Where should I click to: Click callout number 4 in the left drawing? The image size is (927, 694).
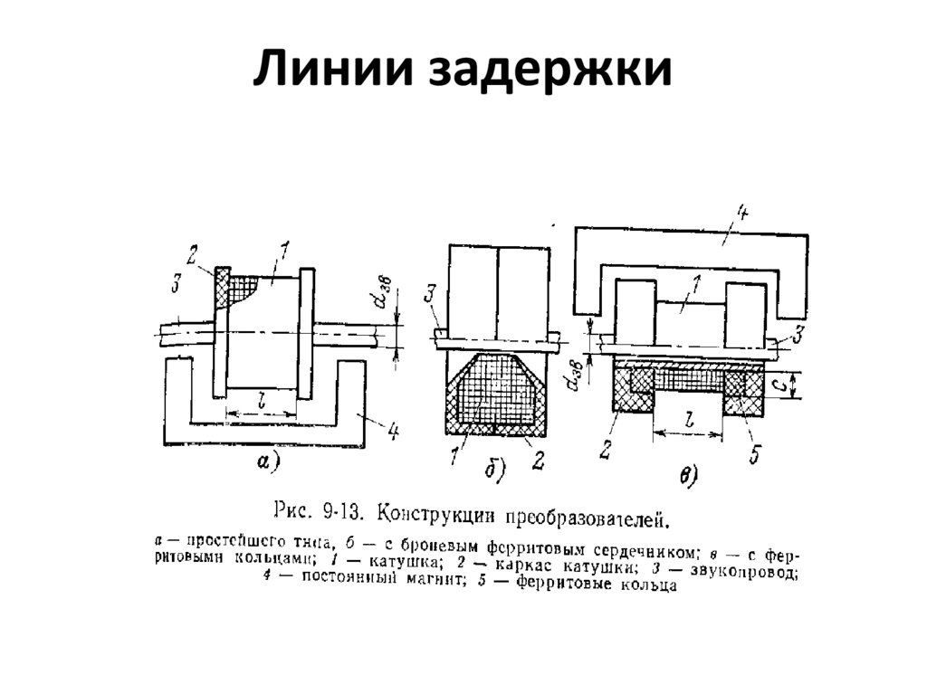click(392, 433)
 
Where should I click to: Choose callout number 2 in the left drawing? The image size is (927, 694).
click(192, 252)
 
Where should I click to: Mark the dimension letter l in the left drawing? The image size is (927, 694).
click(260, 399)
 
